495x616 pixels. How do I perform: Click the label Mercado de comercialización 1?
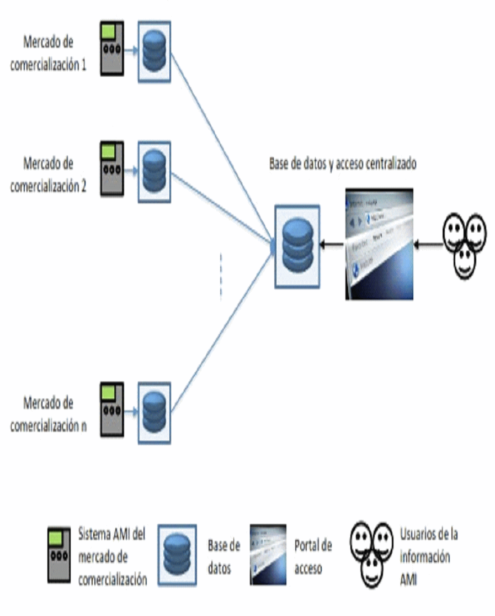49,54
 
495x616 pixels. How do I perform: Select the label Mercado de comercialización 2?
49,175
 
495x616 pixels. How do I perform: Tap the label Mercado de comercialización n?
49,414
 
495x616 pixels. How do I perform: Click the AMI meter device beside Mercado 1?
111,49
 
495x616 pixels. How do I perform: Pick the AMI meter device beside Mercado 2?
111,169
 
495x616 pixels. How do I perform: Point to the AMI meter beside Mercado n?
111,409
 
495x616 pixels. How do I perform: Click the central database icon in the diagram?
297,246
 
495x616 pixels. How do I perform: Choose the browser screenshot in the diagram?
379,244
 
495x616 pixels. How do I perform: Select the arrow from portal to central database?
333,244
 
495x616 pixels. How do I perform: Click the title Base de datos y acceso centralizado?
342,164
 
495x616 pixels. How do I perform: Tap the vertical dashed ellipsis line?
221,276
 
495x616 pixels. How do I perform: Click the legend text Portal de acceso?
313,557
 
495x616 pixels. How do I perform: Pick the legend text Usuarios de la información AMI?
428,556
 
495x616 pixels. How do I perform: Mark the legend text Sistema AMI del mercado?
112,557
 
